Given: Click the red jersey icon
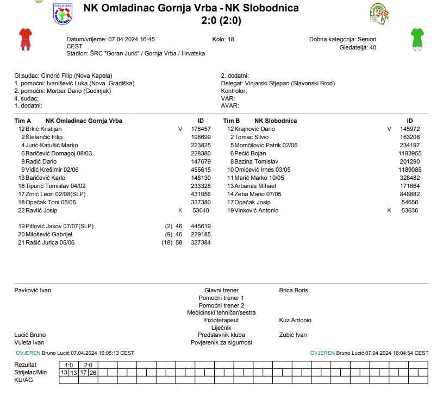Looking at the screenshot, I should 26,39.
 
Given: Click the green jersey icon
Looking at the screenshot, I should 417,39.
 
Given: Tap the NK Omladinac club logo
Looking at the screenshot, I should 62,14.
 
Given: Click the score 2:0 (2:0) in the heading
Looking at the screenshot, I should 221,21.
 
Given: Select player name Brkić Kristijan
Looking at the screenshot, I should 44,129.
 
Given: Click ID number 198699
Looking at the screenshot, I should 201,137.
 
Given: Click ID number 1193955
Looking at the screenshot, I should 410,153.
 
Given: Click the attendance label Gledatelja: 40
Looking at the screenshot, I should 357,47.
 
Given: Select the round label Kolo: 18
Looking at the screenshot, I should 223,39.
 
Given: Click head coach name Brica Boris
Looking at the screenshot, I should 294,290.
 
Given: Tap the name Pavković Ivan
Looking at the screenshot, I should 33,290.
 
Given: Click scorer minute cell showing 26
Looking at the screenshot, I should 93,372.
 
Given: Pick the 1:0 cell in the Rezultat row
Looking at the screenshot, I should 69,365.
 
